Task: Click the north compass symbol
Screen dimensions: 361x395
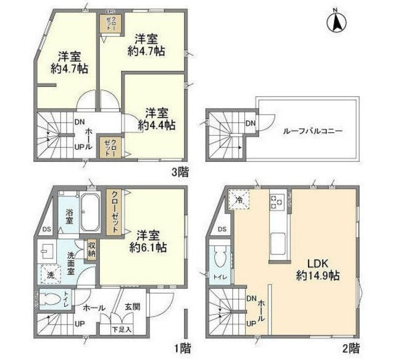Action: (x=337, y=22)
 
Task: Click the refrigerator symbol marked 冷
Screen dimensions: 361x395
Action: (x=239, y=201)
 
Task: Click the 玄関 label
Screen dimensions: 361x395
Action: (x=133, y=306)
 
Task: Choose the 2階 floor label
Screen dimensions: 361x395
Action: (x=351, y=349)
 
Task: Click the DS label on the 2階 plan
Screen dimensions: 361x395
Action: (x=222, y=230)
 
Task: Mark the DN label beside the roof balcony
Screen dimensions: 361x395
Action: (x=250, y=124)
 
